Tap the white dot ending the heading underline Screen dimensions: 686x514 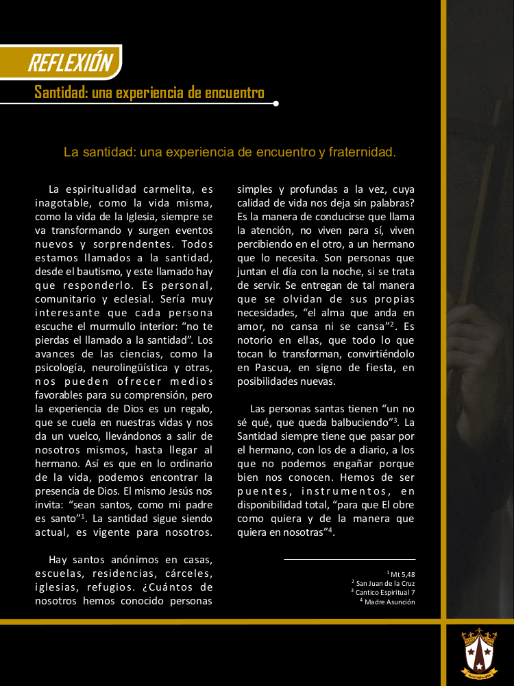[276, 104]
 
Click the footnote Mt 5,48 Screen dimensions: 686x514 [402, 573]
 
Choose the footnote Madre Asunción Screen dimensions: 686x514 [389, 602]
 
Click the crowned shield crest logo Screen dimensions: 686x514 [478, 653]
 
